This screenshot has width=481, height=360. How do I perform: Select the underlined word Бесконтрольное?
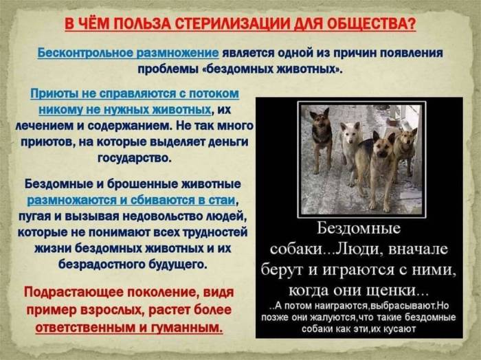82,53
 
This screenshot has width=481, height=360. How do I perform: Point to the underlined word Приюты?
54,93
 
